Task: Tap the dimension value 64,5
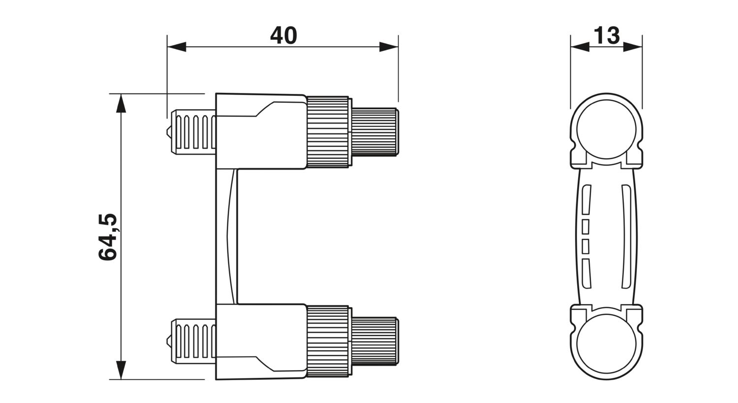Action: point(108,236)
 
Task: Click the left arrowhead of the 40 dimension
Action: point(177,47)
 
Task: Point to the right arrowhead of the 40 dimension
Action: point(389,47)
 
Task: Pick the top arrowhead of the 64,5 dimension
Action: point(121,103)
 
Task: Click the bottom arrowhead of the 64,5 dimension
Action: point(121,370)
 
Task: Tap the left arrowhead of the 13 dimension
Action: point(580,47)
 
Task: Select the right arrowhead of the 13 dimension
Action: point(633,47)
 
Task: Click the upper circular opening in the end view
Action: point(607,129)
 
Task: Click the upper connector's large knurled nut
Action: point(328,132)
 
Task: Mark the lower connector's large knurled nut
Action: point(328,342)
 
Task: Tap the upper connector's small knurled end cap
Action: point(375,132)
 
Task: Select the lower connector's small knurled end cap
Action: point(375,342)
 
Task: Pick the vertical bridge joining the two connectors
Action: point(226,236)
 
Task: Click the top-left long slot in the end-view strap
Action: point(586,200)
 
